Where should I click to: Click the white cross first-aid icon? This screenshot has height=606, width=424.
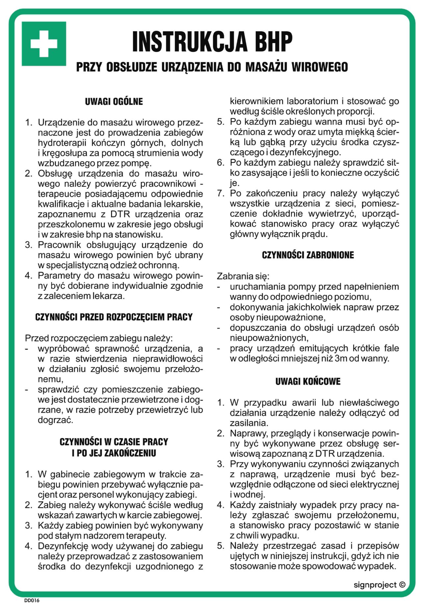44,44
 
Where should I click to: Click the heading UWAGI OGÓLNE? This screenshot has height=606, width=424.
114,101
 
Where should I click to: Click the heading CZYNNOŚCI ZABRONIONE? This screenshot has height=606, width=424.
308,255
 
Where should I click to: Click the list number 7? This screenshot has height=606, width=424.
221,193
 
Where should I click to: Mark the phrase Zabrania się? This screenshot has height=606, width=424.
243,277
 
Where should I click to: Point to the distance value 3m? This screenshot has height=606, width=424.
341,358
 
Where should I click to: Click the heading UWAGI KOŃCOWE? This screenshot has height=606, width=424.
308,382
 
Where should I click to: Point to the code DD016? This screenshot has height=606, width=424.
32,600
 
